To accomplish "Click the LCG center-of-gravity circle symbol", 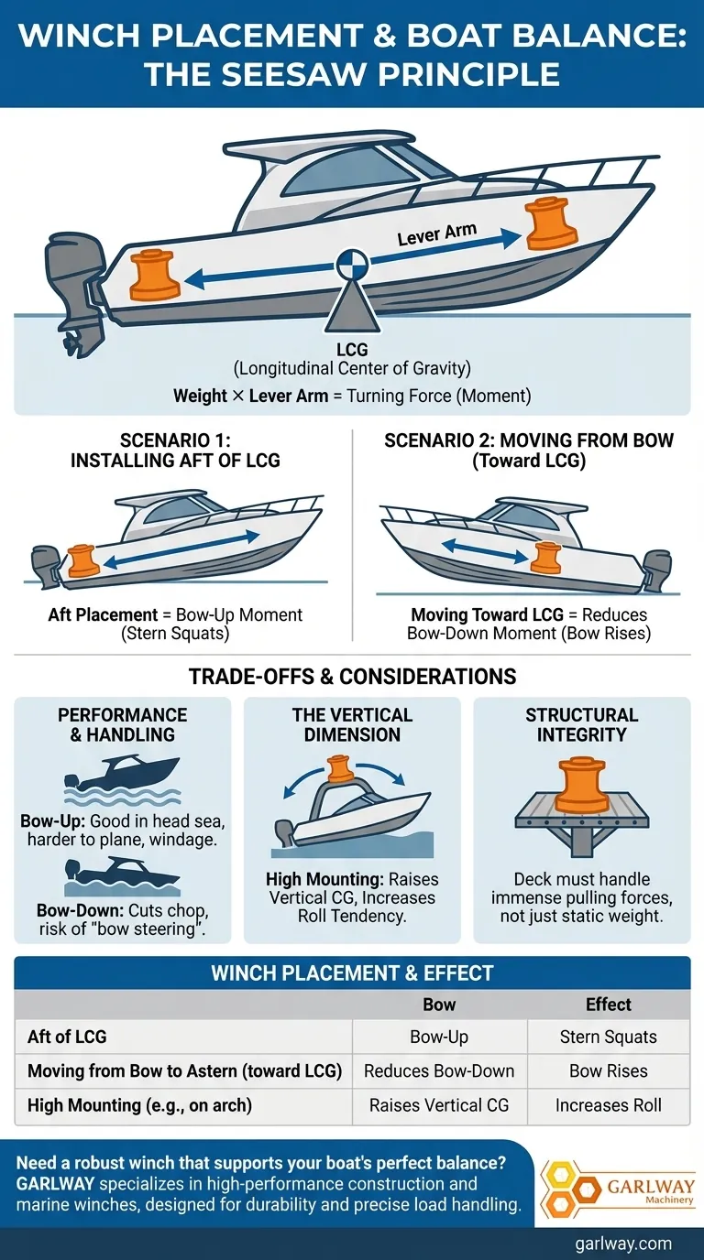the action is coord(352,264).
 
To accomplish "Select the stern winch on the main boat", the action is coord(155,276).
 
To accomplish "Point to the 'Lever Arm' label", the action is coord(437,234).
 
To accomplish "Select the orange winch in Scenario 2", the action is coord(546,557).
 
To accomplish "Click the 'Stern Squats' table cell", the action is coord(609,1037).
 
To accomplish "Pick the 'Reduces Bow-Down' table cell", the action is coord(439,1071).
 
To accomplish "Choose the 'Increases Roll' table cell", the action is coord(609,1105).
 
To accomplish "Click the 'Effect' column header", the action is coord(609,1005).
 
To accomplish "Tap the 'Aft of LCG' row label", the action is coord(67,1037).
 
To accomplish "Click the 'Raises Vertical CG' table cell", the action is coord(439,1105).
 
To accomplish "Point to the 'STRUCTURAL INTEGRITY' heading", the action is coord(582,724).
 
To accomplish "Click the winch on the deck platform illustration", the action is coord(582,786).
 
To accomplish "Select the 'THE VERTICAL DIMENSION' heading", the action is coord(352,724).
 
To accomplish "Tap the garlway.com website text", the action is coord(623,1244).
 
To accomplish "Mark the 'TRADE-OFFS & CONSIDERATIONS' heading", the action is coord(352,676).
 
